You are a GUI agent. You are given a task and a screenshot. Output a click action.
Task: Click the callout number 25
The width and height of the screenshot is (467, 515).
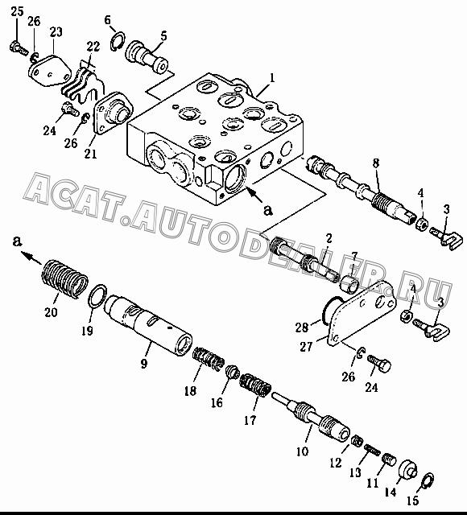click(x=18, y=12)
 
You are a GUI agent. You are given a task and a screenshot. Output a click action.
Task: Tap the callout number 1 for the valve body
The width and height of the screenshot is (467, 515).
click(x=272, y=78)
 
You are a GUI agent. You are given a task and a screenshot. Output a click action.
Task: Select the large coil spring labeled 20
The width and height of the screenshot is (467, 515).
click(x=65, y=279)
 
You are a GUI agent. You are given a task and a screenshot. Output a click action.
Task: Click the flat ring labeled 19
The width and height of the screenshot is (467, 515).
click(x=98, y=296)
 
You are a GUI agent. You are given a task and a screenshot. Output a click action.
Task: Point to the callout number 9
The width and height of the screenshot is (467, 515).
click(x=144, y=363)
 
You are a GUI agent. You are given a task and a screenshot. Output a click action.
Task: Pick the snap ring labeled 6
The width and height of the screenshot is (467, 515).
click(x=118, y=41)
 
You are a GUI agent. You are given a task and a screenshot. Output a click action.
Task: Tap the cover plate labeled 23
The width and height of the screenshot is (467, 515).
click(x=49, y=72)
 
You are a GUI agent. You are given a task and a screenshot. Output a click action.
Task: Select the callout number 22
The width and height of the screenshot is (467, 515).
click(x=93, y=47)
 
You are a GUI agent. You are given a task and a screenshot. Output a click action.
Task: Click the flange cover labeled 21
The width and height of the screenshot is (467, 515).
click(x=113, y=113)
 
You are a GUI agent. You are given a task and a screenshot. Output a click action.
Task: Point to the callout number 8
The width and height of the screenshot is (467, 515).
click(x=376, y=163)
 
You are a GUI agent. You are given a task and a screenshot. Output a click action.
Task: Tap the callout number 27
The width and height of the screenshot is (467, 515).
click(x=306, y=347)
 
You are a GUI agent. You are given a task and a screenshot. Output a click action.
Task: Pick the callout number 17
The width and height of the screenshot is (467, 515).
click(x=250, y=420)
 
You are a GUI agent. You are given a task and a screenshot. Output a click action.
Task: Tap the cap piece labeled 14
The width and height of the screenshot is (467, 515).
click(x=408, y=470)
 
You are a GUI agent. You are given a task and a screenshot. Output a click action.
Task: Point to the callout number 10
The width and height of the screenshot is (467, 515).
click(x=303, y=451)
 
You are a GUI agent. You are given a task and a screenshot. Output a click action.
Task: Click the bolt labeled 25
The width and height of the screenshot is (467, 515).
click(x=18, y=48)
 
